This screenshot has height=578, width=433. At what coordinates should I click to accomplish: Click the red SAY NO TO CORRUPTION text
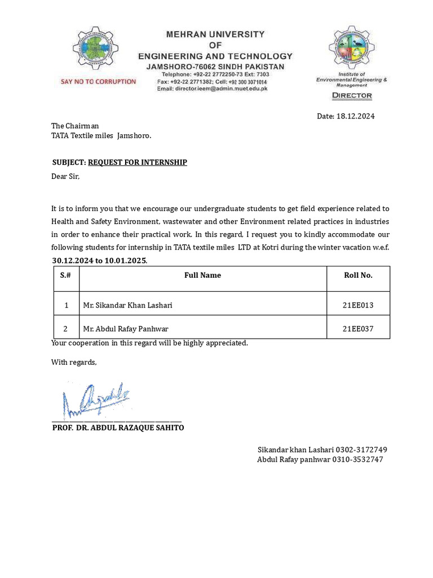pos(98,82)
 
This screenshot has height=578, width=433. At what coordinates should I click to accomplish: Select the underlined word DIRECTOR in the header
pos(352,95)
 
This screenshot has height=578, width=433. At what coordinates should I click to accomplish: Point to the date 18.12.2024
pos(355,116)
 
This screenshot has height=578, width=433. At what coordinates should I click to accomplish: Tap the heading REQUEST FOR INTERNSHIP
pos(138,163)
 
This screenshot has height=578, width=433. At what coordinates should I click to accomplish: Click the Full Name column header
pos(202,275)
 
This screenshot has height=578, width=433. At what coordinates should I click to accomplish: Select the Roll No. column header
pos(358,275)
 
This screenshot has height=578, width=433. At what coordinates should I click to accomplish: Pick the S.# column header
pos(66,275)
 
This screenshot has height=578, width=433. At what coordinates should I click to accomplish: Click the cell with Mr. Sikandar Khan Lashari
pos(127,305)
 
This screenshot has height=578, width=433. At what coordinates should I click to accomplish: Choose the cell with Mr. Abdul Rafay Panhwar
pos(126,329)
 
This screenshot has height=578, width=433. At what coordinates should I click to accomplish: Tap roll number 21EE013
pos(358,305)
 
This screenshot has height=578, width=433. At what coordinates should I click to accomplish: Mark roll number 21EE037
pos(358,329)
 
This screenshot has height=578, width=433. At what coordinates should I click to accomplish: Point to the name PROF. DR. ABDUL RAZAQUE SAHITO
pos(118,428)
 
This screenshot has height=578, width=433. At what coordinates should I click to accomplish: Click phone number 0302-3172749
pos(361,450)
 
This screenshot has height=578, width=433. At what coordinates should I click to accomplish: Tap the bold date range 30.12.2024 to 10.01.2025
pos(99,261)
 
